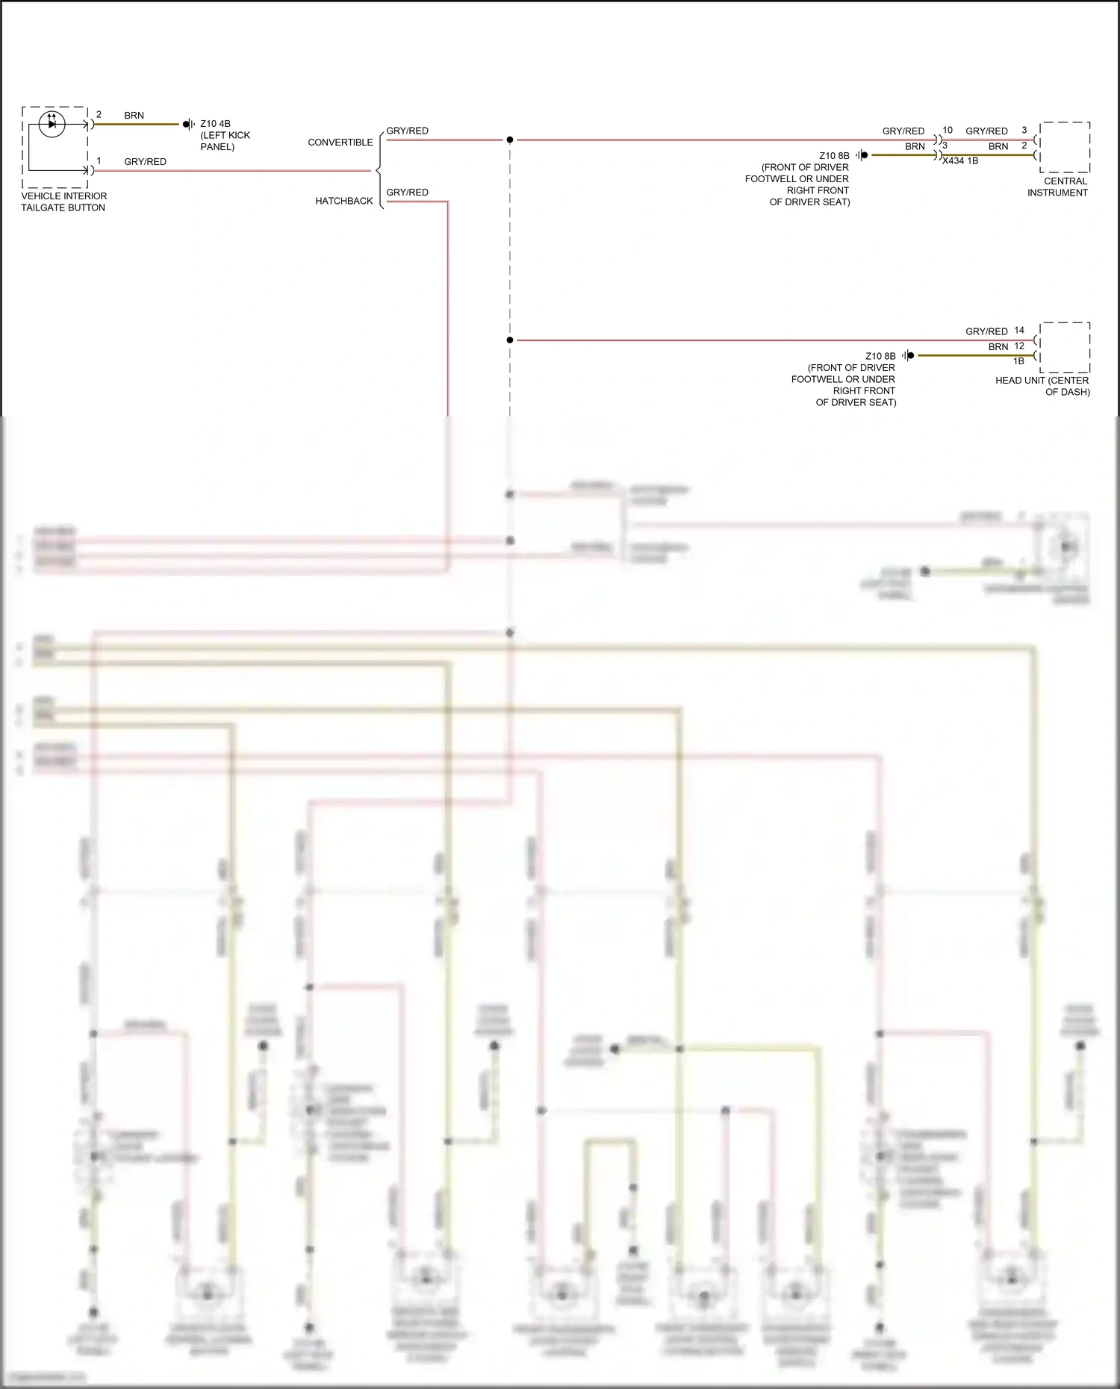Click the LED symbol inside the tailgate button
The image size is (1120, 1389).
(52, 123)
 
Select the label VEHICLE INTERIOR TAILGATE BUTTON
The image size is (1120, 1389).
(63, 202)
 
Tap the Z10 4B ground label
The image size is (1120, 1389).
(215, 124)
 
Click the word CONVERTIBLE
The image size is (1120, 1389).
(340, 142)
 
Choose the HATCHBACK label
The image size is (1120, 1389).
(343, 201)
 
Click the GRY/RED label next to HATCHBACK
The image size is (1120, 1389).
(407, 192)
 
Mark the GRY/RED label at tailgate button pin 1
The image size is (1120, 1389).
(145, 161)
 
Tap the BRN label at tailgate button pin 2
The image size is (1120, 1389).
(134, 115)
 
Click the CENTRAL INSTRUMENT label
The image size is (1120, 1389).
(1057, 187)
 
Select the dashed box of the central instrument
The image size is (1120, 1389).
(1065, 147)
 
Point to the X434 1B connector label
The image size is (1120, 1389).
(960, 160)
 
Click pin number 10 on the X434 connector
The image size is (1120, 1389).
(947, 130)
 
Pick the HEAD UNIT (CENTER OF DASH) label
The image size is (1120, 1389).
(1042, 386)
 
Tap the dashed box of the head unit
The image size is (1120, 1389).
(1065, 348)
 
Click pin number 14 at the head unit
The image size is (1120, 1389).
(1019, 330)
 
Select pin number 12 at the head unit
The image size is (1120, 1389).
(1019, 346)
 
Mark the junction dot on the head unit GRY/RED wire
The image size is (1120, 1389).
(510, 340)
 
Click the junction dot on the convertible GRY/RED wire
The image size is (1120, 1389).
(510, 140)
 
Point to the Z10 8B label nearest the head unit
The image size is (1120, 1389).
(880, 356)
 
